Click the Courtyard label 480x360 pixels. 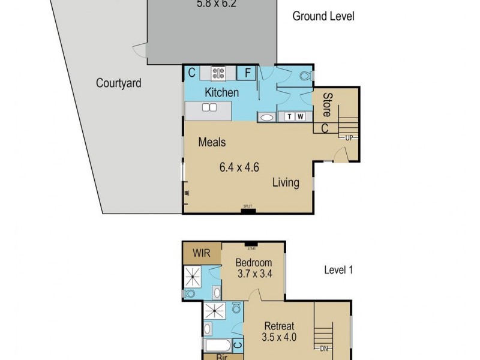click(x=119, y=83)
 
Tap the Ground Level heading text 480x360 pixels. click(x=323, y=16)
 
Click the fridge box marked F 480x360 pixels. click(x=247, y=73)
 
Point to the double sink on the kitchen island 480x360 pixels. click(x=209, y=107)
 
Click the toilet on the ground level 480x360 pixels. click(x=305, y=76)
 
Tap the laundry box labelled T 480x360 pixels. click(x=290, y=116)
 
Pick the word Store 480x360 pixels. click(x=328, y=103)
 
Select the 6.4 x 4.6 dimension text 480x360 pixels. click(x=239, y=167)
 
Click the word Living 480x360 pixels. click(x=286, y=182)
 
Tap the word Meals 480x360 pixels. click(x=212, y=142)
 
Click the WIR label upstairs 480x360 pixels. click(x=202, y=253)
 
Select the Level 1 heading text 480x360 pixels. click(x=338, y=270)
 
